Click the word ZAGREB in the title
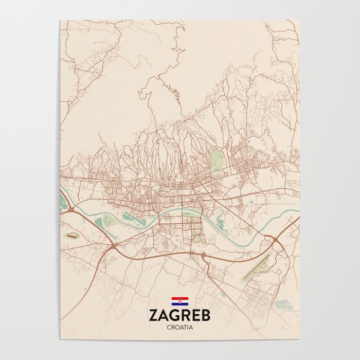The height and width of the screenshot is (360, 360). (179, 315)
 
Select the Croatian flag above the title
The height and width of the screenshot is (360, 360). (179, 301)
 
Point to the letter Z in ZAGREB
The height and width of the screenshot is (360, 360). (153, 315)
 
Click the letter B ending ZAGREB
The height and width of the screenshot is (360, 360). (206, 315)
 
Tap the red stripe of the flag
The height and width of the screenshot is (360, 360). (179, 298)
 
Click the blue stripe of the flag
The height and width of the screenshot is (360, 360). (179, 304)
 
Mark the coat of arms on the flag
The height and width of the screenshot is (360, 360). (179, 301)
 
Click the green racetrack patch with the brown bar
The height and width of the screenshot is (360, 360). (73, 236)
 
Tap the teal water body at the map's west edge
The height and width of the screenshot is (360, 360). (62, 199)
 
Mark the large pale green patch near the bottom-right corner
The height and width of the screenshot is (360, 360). (282, 304)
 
